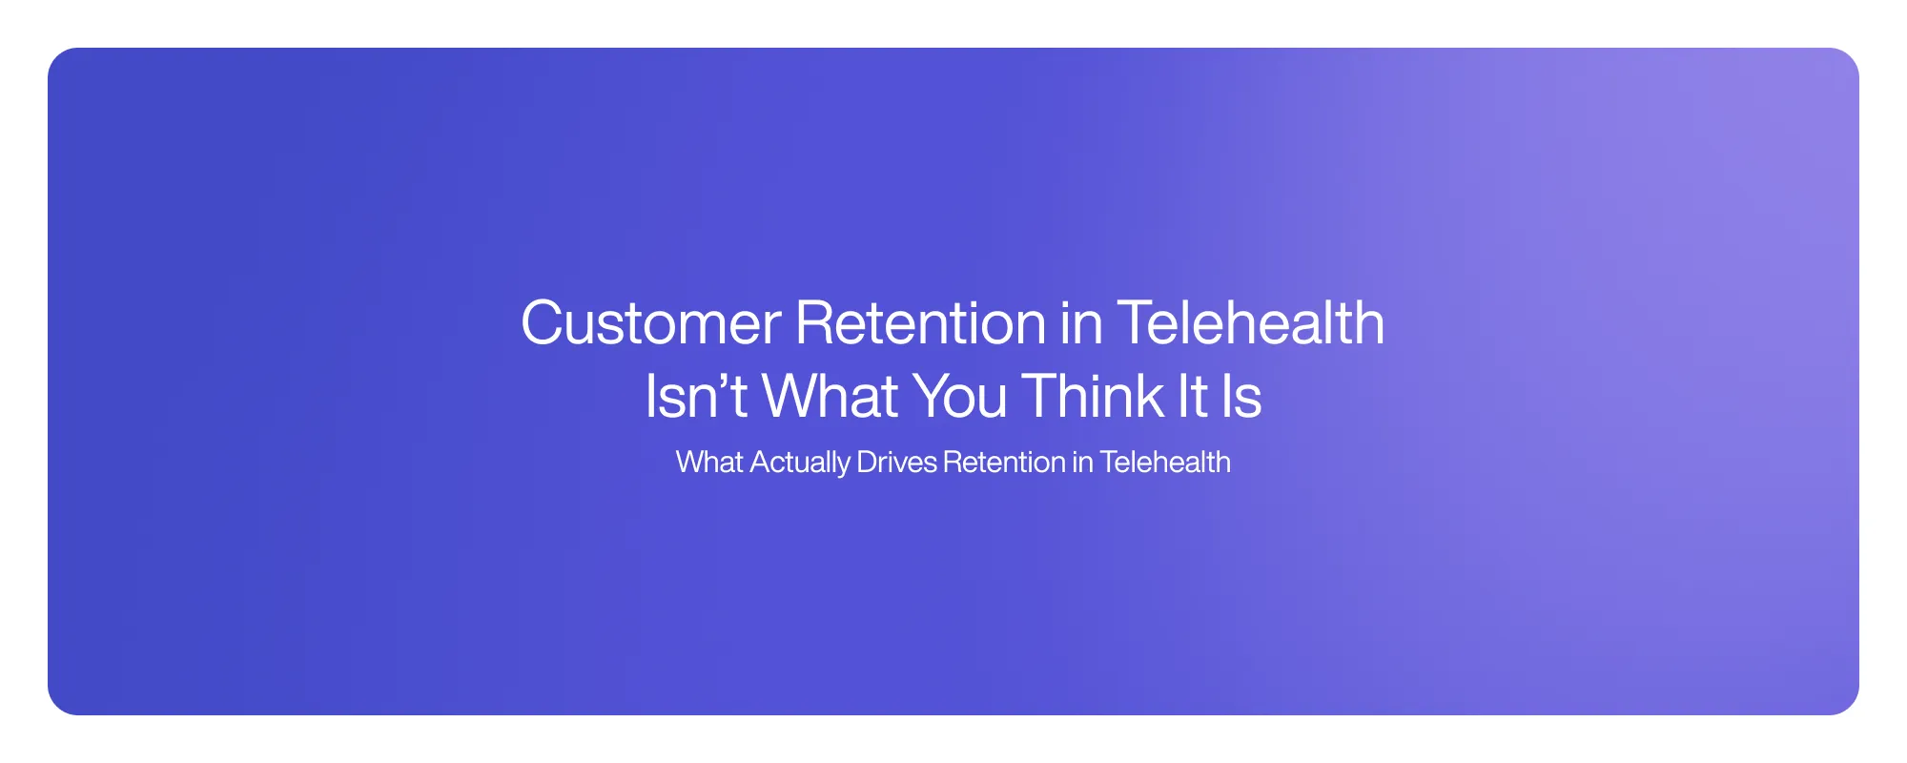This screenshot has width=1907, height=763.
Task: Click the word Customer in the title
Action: (650, 323)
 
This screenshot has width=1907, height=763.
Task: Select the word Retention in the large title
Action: (920, 323)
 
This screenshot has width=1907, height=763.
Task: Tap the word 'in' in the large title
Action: (1081, 323)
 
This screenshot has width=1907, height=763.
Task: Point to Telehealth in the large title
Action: (1250, 323)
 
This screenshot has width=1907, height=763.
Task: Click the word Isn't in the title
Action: (695, 397)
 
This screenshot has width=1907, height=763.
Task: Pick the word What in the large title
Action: (830, 397)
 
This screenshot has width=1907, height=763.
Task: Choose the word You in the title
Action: (959, 397)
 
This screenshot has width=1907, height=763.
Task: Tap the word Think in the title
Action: (1093, 397)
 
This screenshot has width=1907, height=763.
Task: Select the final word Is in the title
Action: (1241, 397)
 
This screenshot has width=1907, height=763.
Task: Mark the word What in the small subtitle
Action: (709, 463)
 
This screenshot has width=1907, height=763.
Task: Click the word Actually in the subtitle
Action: (800, 463)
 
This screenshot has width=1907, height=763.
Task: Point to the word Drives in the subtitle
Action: (896, 463)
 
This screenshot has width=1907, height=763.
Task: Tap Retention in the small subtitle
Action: (1004, 463)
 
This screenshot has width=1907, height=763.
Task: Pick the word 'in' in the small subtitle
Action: (1082, 463)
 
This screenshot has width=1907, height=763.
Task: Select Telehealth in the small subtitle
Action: (1165, 463)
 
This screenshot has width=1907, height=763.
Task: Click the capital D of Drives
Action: (866, 463)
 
